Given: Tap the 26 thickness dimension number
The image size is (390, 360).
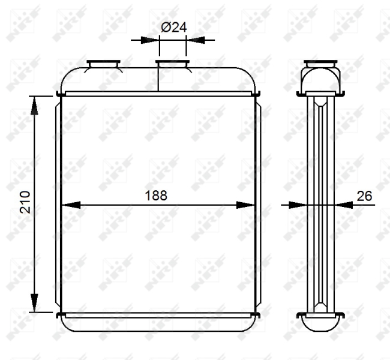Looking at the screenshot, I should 364,196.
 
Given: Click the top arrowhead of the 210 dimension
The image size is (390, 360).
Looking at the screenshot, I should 35,106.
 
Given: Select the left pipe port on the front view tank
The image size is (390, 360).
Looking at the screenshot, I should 104,64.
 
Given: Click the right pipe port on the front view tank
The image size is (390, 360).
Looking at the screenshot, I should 173,64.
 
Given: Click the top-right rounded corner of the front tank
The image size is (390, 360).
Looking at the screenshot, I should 250,77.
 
